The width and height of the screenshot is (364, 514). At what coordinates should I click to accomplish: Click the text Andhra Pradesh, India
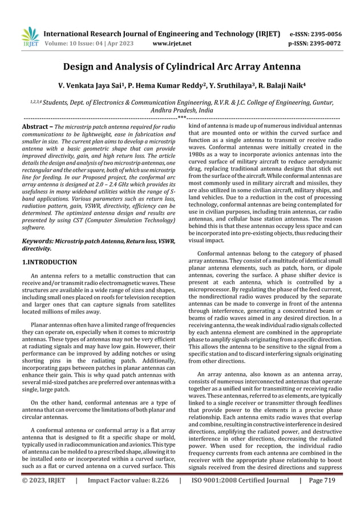pos(181,111)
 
